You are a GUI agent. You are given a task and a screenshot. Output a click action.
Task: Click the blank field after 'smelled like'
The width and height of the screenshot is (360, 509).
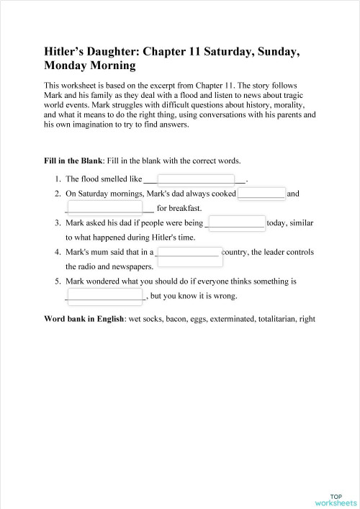(x=195, y=179)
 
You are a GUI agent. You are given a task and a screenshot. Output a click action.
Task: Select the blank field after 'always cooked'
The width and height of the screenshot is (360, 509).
(x=261, y=194)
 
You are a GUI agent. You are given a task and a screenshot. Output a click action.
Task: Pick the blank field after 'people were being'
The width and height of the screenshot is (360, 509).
(x=236, y=222)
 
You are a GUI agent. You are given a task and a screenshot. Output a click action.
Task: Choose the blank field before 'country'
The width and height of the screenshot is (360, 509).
(x=187, y=252)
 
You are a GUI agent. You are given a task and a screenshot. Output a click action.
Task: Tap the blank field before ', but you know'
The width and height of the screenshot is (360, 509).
(x=105, y=295)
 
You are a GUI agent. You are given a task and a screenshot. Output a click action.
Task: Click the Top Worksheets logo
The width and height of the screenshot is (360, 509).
(x=336, y=480)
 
